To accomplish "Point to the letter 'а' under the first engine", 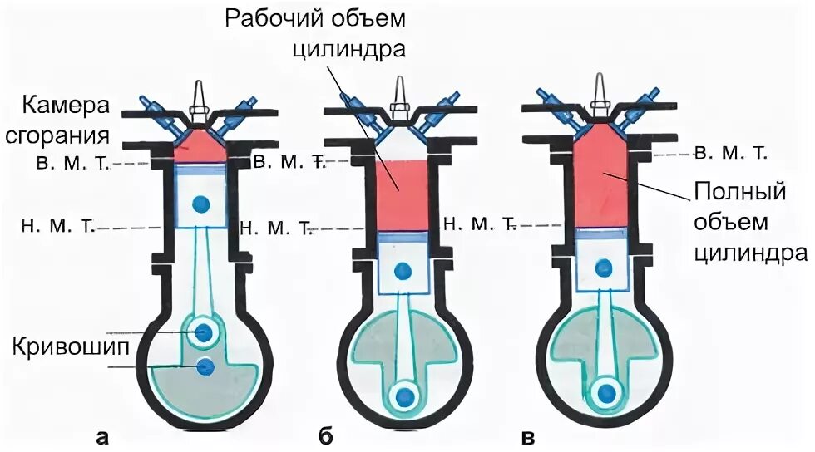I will pos(102,437).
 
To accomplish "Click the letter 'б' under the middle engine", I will pos(325,437).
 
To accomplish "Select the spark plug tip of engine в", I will pos(597,83).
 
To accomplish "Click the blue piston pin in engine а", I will pos(200,204).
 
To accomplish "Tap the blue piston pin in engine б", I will pos(404,270).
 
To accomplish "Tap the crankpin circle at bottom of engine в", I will pos(606,391).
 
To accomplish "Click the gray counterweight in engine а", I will pos(200,395).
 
